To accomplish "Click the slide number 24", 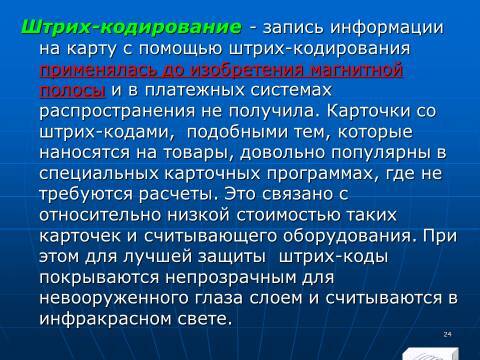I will pos(445,333).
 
